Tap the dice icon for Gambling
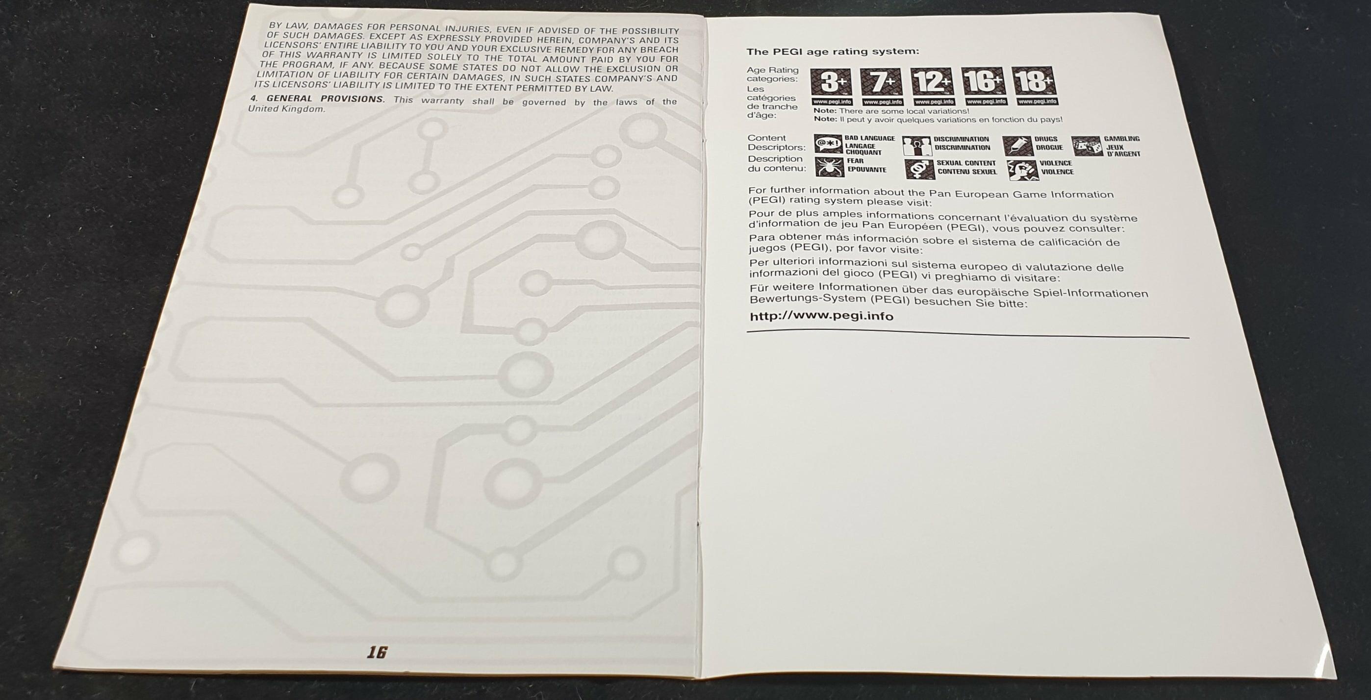[x=1087, y=146]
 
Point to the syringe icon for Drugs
[x=1017, y=146]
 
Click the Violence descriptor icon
[x=1022, y=170]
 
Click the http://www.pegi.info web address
[x=821, y=317]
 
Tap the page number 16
[x=377, y=652]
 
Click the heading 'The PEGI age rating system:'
[x=833, y=51]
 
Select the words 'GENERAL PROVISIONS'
[x=325, y=99]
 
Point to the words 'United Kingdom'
[x=286, y=109]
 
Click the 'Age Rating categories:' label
[x=772, y=75]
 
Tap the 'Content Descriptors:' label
[x=777, y=143]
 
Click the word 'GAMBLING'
[x=1122, y=139]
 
